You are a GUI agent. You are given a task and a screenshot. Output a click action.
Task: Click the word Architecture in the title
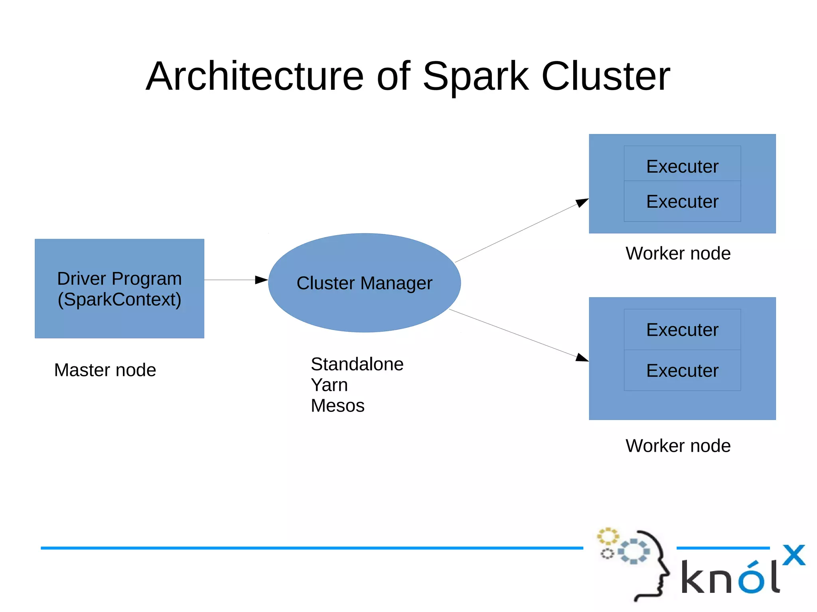(255, 76)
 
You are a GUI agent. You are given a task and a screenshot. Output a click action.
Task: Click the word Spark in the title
(476, 76)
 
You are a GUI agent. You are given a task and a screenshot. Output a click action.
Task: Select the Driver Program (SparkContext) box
(119, 289)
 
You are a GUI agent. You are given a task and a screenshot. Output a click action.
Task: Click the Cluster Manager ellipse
(364, 283)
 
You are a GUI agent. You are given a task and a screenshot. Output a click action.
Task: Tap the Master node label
(105, 370)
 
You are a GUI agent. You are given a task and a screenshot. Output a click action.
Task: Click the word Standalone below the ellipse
(357, 364)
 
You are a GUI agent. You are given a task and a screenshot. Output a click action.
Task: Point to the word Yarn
(329, 385)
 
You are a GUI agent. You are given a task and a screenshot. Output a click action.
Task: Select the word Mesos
(337, 406)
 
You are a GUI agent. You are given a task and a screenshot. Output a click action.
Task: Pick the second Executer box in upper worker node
(682, 201)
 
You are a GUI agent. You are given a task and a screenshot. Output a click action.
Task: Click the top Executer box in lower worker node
(682, 330)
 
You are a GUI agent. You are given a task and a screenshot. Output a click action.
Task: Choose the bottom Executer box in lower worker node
(682, 370)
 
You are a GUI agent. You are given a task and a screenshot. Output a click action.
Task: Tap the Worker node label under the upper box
(678, 254)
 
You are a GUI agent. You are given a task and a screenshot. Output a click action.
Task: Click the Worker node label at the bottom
(678, 446)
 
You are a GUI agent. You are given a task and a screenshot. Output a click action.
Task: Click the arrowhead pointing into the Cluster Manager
(261, 280)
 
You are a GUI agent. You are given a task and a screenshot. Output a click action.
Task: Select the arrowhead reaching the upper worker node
(582, 203)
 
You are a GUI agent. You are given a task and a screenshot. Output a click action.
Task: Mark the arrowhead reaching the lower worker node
(582, 357)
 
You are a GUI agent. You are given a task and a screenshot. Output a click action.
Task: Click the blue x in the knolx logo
(793, 555)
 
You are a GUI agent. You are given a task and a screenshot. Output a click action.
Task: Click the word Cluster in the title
(606, 76)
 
